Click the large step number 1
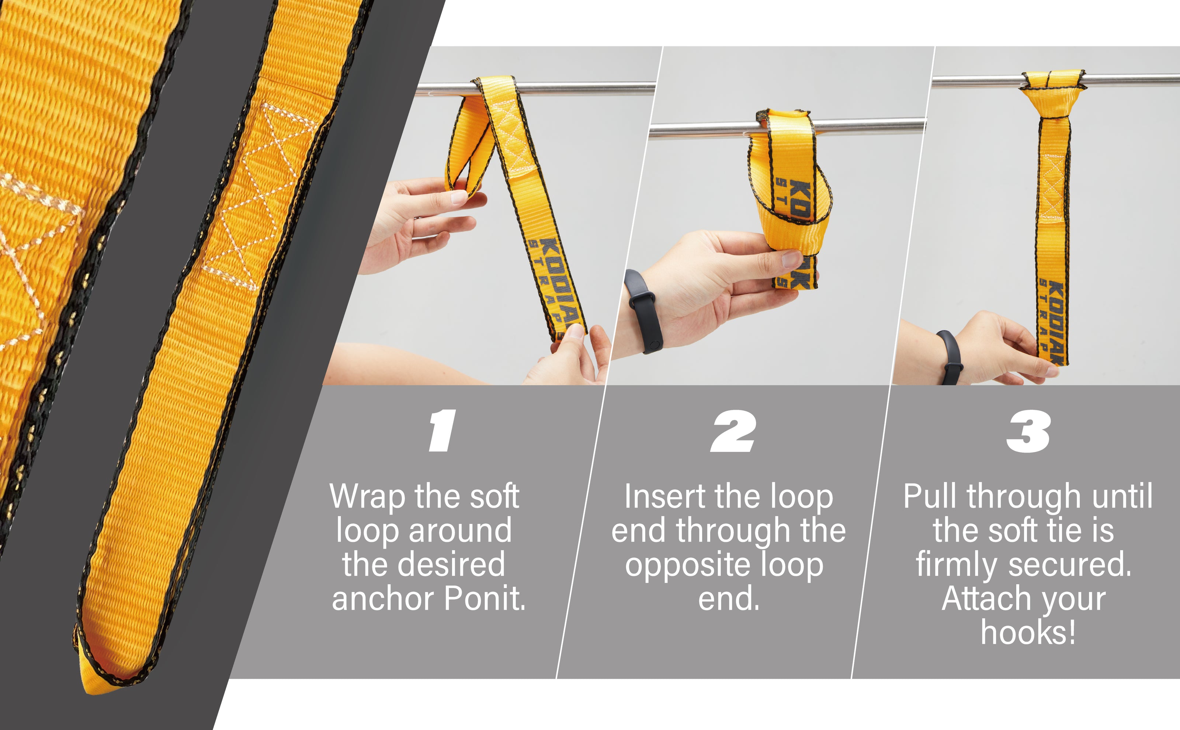(442, 431)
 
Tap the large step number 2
(733, 431)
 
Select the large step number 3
(1028, 431)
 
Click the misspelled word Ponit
(485, 598)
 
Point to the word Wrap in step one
(367, 497)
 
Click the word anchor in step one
(383, 598)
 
